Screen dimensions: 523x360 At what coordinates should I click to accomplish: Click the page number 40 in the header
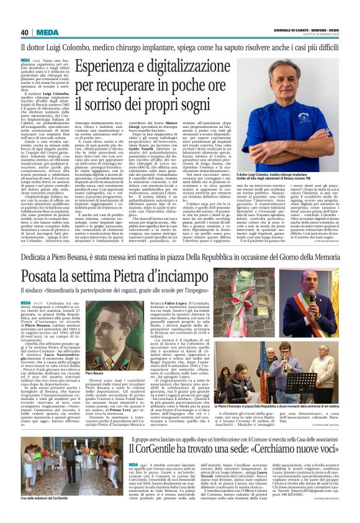click(25, 33)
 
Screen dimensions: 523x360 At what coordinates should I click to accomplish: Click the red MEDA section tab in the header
click(47, 33)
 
